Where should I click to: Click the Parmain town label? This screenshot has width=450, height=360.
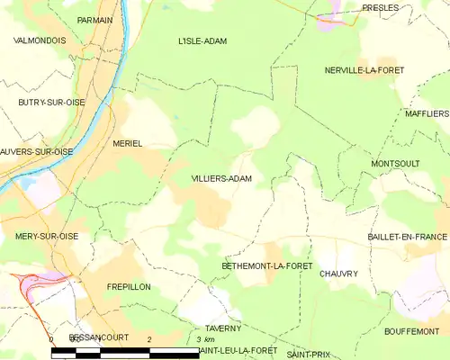(94, 19)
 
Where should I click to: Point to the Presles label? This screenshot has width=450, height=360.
(381, 7)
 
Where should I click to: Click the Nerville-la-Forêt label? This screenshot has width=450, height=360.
(364, 70)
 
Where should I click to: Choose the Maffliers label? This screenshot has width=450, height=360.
(426, 114)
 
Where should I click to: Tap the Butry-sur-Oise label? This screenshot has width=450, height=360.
(51, 103)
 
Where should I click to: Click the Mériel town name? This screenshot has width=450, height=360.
(128, 144)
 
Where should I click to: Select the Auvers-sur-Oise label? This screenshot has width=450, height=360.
(37, 152)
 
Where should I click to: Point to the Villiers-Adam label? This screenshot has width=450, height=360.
(221, 179)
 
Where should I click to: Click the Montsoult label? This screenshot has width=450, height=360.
(395, 163)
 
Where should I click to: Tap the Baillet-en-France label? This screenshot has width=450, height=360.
(407, 236)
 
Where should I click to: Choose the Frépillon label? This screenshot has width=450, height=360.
(128, 286)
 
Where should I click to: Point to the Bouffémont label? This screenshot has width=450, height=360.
(411, 331)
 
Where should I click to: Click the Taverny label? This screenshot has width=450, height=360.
(223, 328)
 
